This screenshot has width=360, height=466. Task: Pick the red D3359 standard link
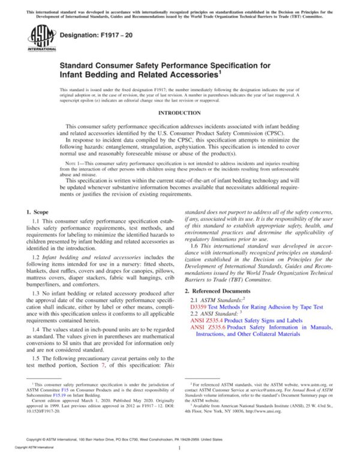tap(200, 306)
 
